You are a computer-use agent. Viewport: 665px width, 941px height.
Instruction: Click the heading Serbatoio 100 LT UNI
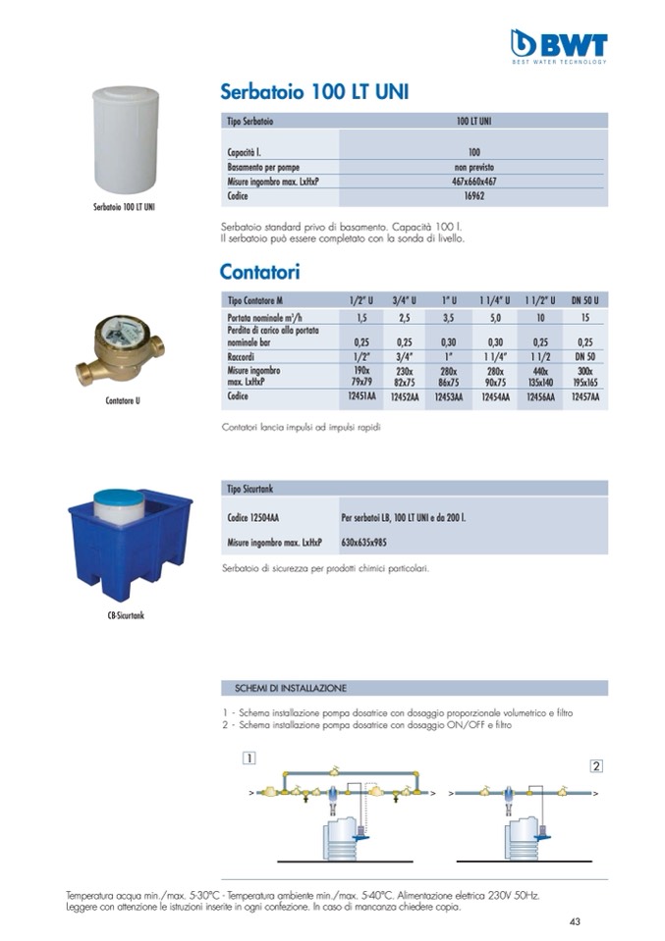pyautogui.click(x=314, y=93)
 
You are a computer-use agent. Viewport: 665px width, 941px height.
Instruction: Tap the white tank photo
pyautogui.click(x=124, y=139)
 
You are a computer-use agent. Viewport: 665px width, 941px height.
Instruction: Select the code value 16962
pyautogui.click(x=473, y=196)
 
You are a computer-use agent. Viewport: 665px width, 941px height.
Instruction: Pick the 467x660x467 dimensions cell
pyautogui.click(x=473, y=182)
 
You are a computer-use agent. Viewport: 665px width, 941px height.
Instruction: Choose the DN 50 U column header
pyautogui.click(x=584, y=299)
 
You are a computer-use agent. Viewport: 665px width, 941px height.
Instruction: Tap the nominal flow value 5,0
pyautogui.click(x=495, y=318)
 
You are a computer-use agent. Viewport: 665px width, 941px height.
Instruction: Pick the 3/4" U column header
pyautogui.click(x=404, y=299)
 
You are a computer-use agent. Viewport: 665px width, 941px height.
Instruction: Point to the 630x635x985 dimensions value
pyautogui.click(x=364, y=542)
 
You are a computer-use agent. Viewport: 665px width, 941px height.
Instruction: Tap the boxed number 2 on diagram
pyautogui.click(x=595, y=765)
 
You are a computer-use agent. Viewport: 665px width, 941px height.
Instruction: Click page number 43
pyautogui.click(x=575, y=920)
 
